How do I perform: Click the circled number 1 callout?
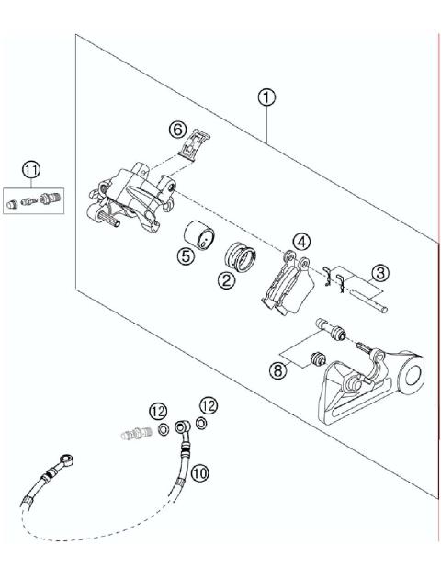[x=266, y=96]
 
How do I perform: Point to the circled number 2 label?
[x=225, y=282]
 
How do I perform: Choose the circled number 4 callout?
[x=300, y=242]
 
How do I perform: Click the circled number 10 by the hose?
[x=201, y=472]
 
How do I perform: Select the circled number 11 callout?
[x=32, y=169]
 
